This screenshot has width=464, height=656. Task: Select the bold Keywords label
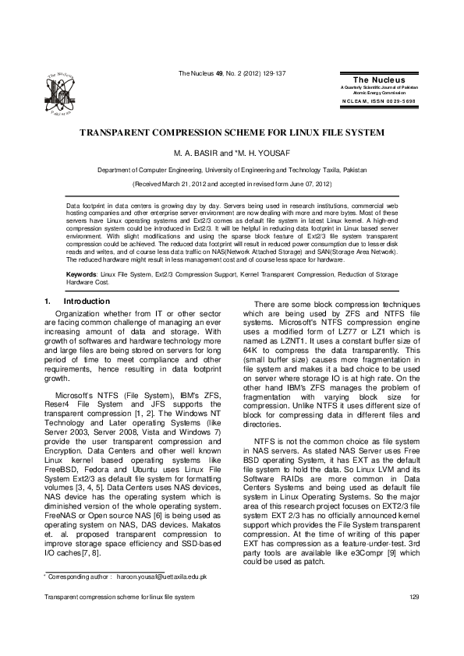coord(81,275)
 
